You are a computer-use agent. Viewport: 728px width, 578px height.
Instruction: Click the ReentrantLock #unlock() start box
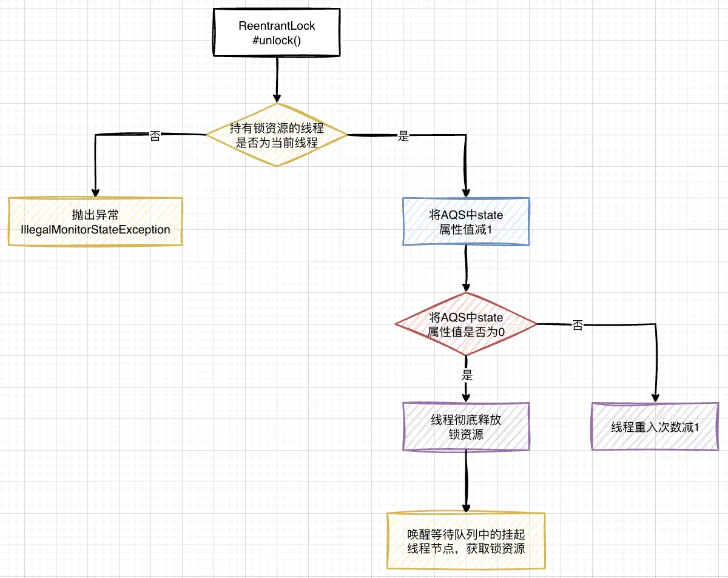277,33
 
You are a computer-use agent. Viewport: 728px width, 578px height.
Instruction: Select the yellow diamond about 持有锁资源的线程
277,135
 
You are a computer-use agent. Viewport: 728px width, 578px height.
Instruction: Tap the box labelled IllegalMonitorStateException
95,221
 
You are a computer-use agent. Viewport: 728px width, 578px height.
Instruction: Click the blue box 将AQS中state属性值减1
466,221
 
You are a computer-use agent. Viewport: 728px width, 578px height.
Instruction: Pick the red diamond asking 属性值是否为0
466,324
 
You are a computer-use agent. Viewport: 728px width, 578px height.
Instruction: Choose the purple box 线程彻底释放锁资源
466,427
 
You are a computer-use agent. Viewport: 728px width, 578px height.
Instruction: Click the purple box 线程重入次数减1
655,427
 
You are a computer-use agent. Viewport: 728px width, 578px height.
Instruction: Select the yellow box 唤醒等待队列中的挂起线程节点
466,541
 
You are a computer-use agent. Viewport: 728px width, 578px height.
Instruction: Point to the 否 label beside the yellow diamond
155,136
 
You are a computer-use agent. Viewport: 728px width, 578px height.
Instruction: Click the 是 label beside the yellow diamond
403,136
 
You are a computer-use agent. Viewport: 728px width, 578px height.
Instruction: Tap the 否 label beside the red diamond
578,326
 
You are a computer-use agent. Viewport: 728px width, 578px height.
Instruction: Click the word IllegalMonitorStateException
95,229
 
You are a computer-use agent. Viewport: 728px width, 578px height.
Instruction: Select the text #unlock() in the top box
277,41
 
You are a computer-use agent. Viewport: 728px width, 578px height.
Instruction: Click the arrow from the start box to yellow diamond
277,79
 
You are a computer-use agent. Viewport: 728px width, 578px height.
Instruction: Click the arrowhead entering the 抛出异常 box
95,190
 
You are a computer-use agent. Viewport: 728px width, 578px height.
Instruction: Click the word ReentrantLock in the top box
277,26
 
